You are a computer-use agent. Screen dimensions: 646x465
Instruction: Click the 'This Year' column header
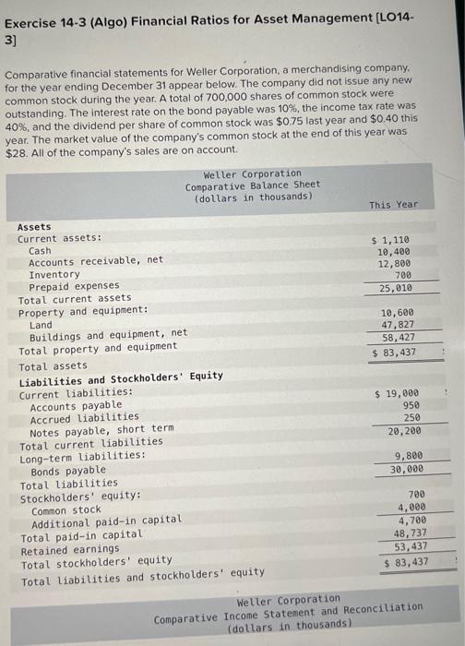(x=393, y=204)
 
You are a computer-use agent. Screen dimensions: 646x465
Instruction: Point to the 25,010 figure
(x=394, y=288)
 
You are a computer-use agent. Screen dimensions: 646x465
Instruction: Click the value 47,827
(x=398, y=325)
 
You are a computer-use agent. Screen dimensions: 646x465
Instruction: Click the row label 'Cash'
(x=41, y=250)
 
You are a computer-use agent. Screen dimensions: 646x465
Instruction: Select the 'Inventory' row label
(x=54, y=274)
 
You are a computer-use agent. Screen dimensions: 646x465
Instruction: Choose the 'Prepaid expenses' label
(x=74, y=286)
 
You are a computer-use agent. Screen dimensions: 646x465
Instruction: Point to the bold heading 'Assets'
(x=34, y=226)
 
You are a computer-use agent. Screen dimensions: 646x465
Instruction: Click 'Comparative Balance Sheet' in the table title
(x=253, y=185)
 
